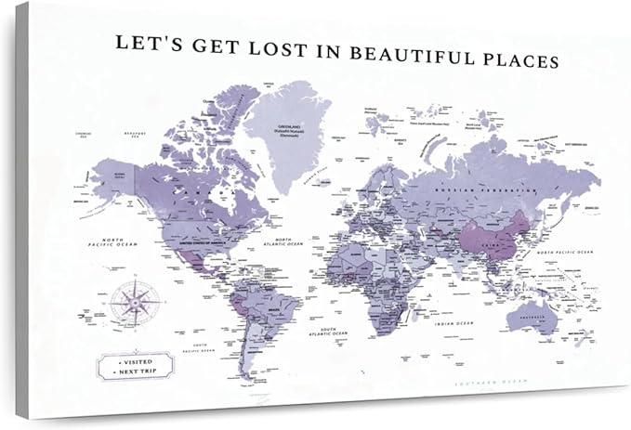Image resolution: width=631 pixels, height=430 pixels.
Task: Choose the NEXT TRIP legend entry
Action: click(135, 370)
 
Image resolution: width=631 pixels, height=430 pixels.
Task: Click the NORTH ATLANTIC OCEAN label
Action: click(283, 243)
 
